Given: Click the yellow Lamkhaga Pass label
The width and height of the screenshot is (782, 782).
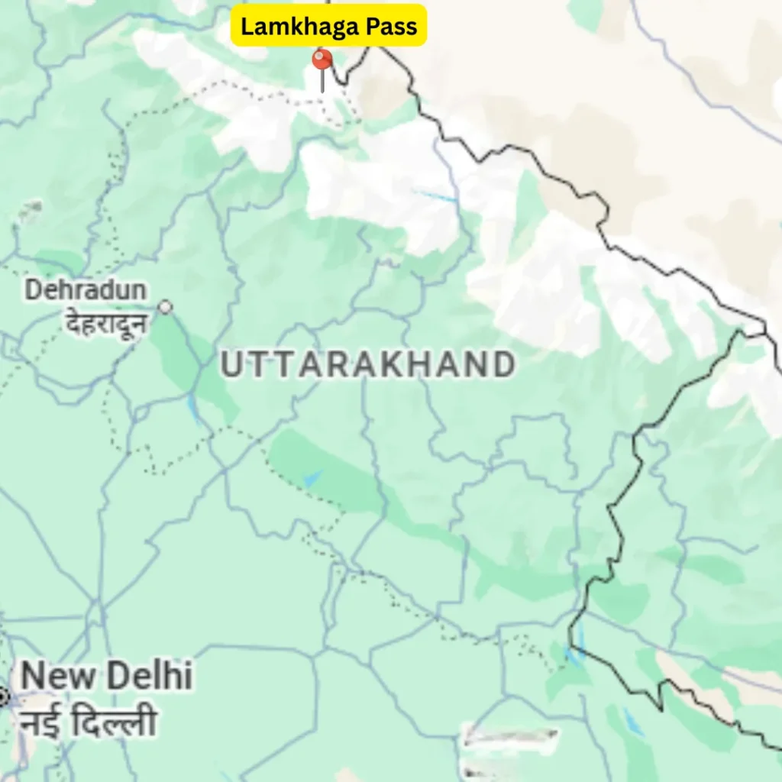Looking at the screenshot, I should [x=328, y=26].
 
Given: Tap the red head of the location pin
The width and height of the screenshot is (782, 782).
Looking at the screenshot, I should [x=322, y=60].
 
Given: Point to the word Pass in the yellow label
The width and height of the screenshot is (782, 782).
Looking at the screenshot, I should [x=390, y=26].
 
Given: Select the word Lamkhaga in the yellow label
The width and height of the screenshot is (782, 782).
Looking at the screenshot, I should [x=299, y=26].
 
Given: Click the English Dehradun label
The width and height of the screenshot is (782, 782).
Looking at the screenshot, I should [x=86, y=290].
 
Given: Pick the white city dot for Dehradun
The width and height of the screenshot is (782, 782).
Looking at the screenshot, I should [x=165, y=307].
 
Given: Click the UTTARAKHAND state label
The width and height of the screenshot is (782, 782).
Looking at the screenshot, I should [x=367, y=365].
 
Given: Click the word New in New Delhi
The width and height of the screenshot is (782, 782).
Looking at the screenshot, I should [x=57, y=677].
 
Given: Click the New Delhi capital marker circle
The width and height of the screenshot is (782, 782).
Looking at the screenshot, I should [x=2, y=696].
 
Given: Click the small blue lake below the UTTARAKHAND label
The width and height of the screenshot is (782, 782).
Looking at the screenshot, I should [x=312, y=479].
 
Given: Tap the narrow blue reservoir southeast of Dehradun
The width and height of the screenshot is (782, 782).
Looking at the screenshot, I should [x=195, y=409].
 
